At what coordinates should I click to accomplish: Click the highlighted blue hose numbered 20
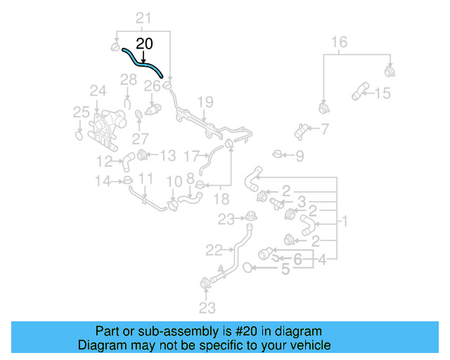click(142, 62)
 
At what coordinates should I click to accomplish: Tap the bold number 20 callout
click(143, 44)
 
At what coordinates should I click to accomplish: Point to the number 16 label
click(339, 42)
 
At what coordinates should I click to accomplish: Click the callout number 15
click(382, 93)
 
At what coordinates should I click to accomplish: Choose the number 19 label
click(204, 103)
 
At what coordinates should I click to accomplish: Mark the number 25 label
click(81, 112)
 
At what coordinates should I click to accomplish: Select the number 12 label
click(105, 160)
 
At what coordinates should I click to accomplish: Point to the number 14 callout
click(103, 181)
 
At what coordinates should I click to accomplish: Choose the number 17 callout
click(191, 155)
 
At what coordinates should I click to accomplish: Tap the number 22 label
click(213, 248)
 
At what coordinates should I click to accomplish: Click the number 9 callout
click(299, 155)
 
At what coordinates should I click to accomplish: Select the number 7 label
click(324, 129)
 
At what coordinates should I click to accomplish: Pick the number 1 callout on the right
click(345, 221)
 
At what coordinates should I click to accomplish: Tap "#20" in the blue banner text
click(217, 331)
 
